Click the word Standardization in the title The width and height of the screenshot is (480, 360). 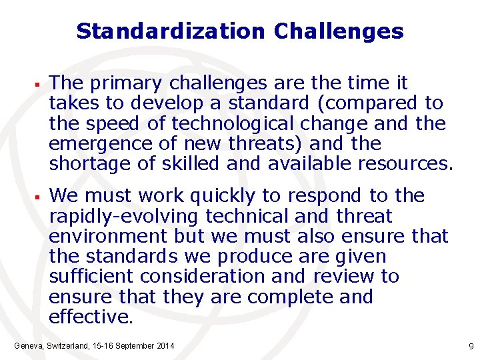pyautogui.click(x=170, y=31)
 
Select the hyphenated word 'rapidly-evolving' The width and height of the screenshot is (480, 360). pyautogui.click(x=124, y=217)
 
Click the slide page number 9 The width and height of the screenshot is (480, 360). pyautogui.click(x=471, y=347)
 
